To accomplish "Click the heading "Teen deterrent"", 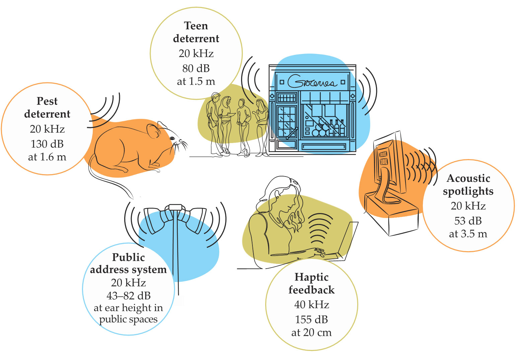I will point(196,32).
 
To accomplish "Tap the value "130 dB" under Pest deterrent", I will point(47,144).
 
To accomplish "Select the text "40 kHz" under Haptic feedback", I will point(311,304).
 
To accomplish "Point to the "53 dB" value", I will point(468,221).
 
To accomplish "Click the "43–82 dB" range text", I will point(129,296).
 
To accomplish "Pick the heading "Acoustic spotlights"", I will point(468,185).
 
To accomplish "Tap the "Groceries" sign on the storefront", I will point(311,82).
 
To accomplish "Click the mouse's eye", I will point(172,138).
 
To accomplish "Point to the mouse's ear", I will point(154,131).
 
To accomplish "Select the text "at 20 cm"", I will point(311,333).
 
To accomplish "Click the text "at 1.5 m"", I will point(196,81).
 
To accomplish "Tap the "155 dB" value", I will point(311,319).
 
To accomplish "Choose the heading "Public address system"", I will point(128,263).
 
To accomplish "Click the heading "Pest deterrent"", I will point(47,107).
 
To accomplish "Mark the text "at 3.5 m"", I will point(468,234).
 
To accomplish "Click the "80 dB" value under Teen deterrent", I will point(196,68).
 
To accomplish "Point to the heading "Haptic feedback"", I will point(311,283).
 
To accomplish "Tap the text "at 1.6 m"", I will point(47,157).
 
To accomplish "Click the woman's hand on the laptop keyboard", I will point(318,251).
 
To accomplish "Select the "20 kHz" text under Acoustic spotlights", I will point(468,206).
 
